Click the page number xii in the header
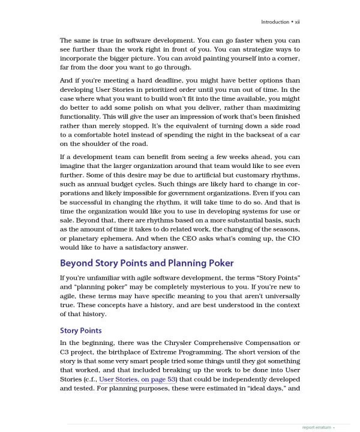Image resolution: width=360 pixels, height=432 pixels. pyautogui.click(x=296, y=22)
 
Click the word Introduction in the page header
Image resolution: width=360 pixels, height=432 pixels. pyautogui.click(x=275, y=22)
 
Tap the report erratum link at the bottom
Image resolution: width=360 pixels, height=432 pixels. pyautogui.click(x=316, y=427)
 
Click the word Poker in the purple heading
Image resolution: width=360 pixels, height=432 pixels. pyautogui.click(x=217, y=263)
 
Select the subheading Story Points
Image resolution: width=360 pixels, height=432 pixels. pyautogui.click(x=81, y=331)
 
